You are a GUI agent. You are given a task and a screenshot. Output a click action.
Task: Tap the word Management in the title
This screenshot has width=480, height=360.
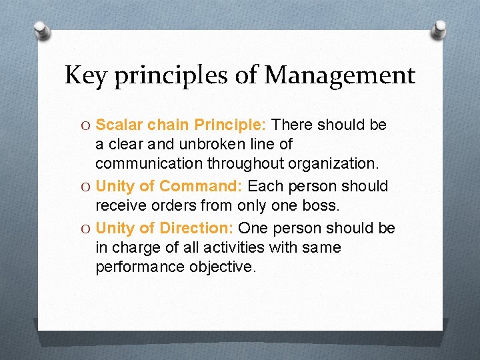pos(340,75)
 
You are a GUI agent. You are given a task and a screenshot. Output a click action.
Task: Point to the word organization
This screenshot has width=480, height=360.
pos(342,163)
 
